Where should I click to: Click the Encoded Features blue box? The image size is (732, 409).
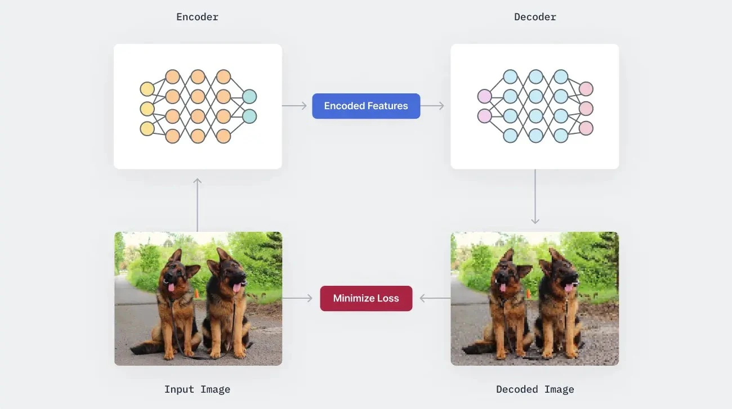[x=366, y=106]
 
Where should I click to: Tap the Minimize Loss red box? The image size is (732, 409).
[x=366, y=298]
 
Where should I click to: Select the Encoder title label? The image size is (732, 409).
[x=197, y=17]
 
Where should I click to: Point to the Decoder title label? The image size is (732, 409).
[x=535, y=17]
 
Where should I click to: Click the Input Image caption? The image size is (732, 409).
[x=197, y=389]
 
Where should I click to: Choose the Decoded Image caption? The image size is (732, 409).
[x=535, y=389]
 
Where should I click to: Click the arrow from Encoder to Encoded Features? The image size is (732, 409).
[x=294, y=106]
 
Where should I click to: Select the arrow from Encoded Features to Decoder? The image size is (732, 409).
[x=432, y=106]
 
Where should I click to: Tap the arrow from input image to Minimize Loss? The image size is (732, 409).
[x=297, y=298]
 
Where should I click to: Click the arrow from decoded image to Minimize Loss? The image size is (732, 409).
[x=435, y=298]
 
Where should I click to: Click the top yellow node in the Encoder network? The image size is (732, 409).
[x=147, y=89]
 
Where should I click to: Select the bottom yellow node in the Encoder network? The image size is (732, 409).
[x=147, y=128]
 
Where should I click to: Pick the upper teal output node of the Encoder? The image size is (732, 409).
[x=249, y=96]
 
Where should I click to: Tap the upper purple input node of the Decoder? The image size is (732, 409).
[x=484, y=96]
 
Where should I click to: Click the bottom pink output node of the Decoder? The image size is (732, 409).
[x=586, y=128]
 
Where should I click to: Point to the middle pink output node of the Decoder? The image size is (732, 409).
[x=586, y=109]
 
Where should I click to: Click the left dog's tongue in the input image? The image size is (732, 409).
[x=171, y=288]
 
